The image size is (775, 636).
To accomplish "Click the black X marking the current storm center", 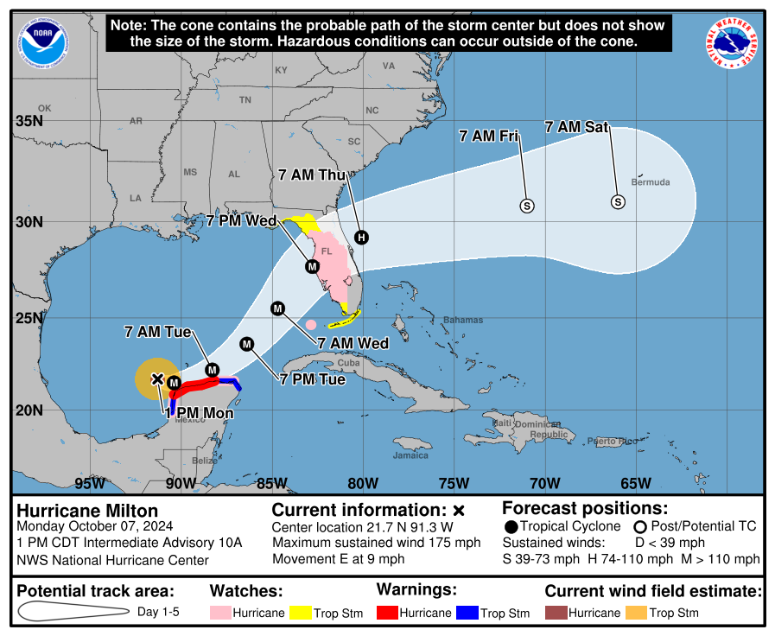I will click(157, 378).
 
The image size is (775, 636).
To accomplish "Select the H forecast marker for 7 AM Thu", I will click(361, 237).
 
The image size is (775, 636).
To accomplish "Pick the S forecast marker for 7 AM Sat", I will click(618, 201).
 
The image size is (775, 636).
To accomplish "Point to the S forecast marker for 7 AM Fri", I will click(527, 205).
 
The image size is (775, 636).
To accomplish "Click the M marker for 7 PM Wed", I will click(312, 266).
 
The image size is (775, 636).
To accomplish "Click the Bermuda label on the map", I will click(651, 182).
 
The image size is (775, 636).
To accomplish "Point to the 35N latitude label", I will click(29, 121).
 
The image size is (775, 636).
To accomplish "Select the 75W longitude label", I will click(454, 482).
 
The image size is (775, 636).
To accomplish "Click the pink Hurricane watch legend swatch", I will click(223, 613).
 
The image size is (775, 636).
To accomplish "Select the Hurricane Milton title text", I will click(76, 511).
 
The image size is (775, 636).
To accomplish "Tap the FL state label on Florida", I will click(327, 251).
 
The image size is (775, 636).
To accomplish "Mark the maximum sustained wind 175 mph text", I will click(376, 543).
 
